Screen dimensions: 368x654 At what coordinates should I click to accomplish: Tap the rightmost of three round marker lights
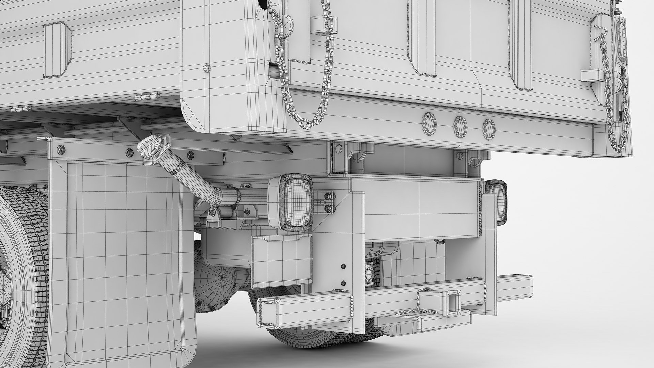pos(489,129)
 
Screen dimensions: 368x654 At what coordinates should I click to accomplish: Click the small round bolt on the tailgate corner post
pos(206,68)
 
